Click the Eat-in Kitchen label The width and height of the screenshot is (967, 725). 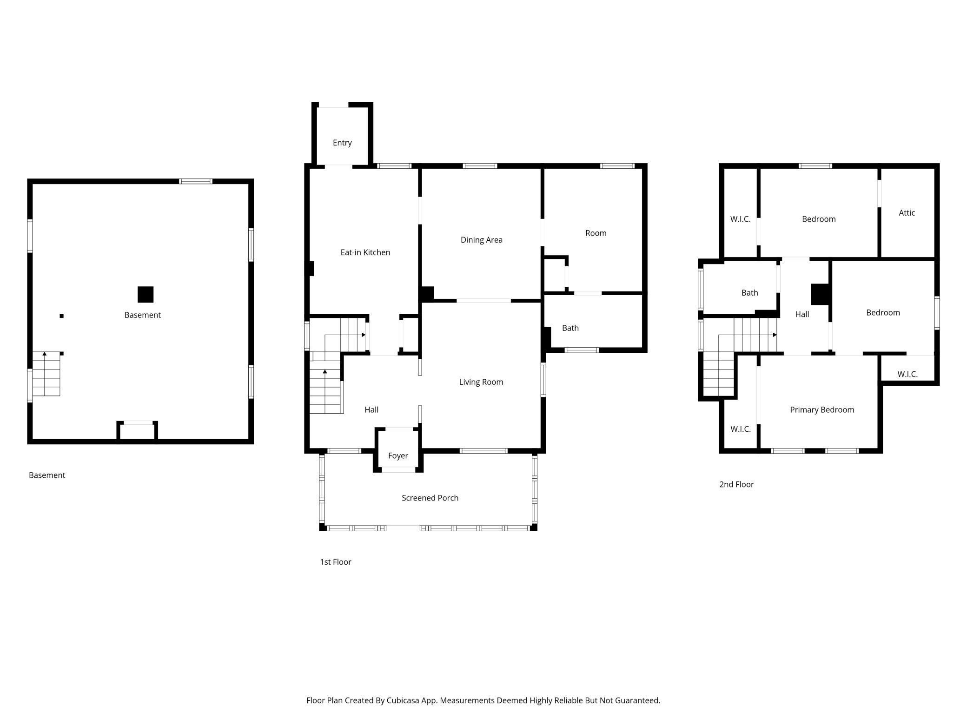(x=365, y=252)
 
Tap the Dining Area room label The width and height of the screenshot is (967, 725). (x=482, y=240)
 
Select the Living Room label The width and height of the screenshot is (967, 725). (x=481, y=382)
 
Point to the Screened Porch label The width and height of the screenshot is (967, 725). (x=430, y=498)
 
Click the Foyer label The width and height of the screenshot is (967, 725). (x=398, y=456)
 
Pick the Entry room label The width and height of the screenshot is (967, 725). (x=342, y=143)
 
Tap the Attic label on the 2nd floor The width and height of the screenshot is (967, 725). (x=907, y=213)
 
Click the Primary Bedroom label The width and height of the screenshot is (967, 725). (x=822, y=410)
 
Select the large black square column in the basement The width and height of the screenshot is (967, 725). (x=146, y=294)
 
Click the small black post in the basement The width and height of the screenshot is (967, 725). (x=61, y=316)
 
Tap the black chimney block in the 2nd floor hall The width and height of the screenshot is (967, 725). (x=821, y=295)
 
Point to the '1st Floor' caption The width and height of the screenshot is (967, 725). (x=336, y=562)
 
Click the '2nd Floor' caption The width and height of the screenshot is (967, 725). (x=736, y=484)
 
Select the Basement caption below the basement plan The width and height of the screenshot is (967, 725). (x=47, y=475)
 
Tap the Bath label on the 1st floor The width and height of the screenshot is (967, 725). (x=570, y=328)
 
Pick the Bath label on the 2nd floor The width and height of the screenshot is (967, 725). (x=750, y=293)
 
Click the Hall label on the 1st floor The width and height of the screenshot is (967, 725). (x=371, y=410)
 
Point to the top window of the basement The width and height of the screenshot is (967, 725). (x=196, y=181)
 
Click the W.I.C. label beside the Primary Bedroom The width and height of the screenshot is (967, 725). (x=741, y=429)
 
